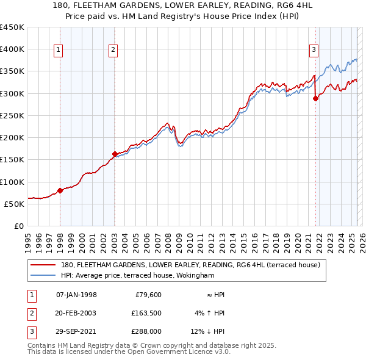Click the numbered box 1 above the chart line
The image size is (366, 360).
click(59, 50)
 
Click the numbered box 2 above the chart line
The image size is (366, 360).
click(113, 50)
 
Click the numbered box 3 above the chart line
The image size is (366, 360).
click(314, 50)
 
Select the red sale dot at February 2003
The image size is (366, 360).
click(115, 154)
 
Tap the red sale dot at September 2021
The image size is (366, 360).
click(315, 98)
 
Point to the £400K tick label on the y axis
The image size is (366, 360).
click(12, 49)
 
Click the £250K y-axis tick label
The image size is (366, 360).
click(12, 115)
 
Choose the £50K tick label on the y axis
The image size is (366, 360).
click(15, 204)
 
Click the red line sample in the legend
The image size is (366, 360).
click(43, 265)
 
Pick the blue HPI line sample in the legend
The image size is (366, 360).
click(43, 275)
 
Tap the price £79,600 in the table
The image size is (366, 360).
click(146, 295)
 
